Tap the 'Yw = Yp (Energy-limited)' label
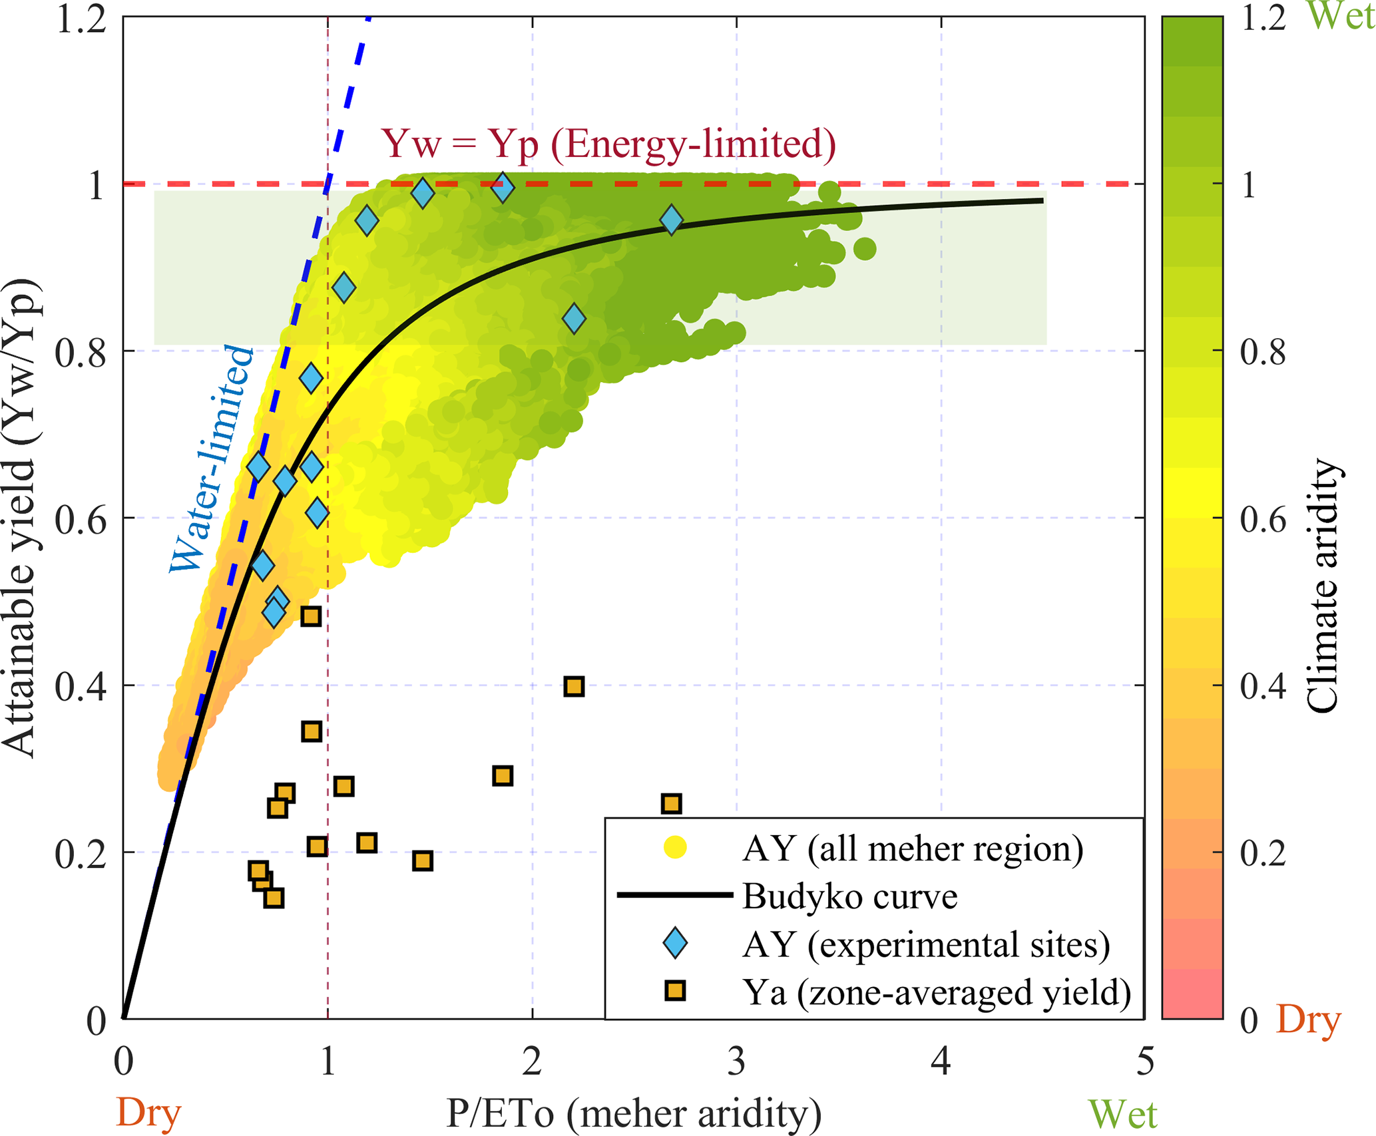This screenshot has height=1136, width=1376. pyautogui.click(x=608, y=144)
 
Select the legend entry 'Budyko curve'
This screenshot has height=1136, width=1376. pyautogui.click(x=849, y=897)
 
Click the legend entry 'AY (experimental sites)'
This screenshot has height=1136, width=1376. pyautogui.click(x=925, y=945)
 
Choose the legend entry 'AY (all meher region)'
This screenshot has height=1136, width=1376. pyautogui.click(x=913, y=849)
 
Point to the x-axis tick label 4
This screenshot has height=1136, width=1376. pyautogui.click(x=941, y=1061)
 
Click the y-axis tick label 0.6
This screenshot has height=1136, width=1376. pyautogui.click(x=81, y=519)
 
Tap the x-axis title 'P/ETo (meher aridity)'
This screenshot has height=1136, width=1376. pyautogui.click(x=633, y=1113)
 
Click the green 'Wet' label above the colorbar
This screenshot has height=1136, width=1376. pyautogui.click(x=1340, y=16)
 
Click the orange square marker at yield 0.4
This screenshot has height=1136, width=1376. pyautogui.click(x=574, y=687)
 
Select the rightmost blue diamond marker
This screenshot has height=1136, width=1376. pyautogui.click(x=672, y=220)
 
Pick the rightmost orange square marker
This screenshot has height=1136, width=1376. pyautogui.click(x=672, y=804)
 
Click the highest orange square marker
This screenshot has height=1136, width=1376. pyautogui.click(x=311, y=616)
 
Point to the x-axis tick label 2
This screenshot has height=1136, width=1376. pyautogui.click(x=532, y=1061)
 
